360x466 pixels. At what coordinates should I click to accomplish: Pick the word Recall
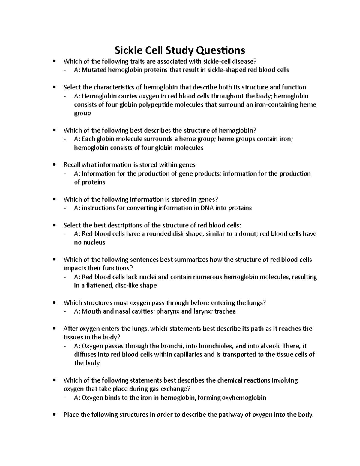click(x=72, y=165)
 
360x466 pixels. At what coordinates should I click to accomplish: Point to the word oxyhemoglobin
click(x=244, y=398)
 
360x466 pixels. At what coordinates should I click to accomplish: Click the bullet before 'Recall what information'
click(x=54, y=165)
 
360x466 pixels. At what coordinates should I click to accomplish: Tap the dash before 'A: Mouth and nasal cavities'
click(x=66, y=311)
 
